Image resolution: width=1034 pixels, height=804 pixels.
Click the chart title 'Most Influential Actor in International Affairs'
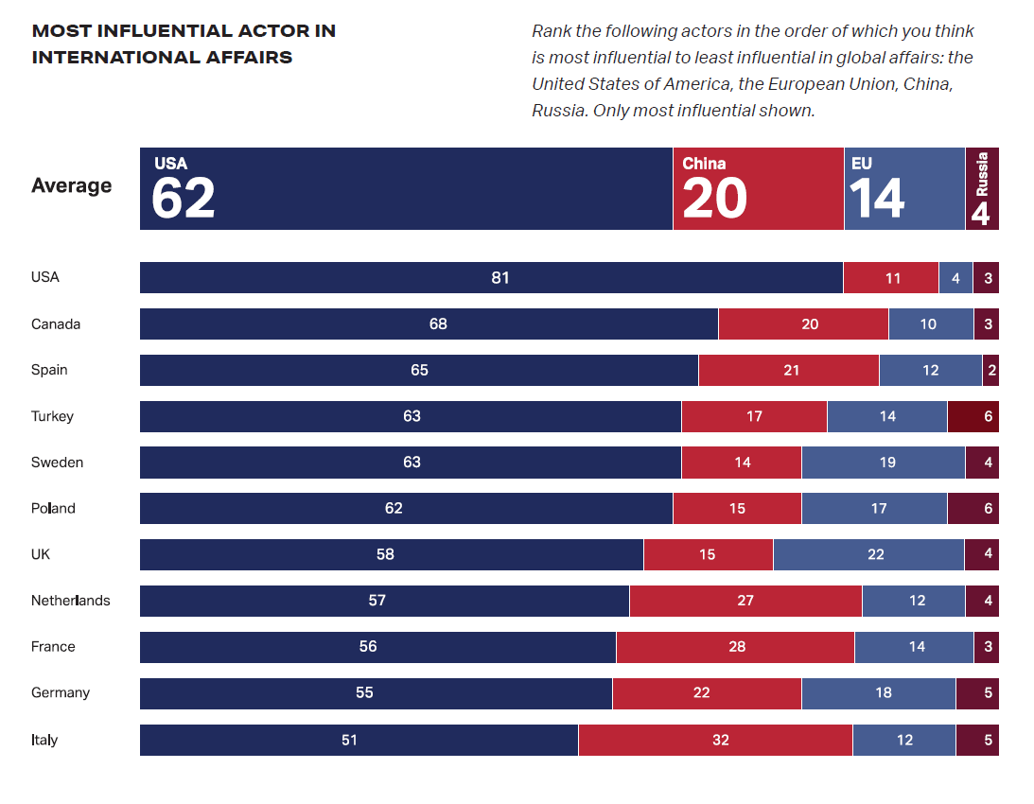tap(184, 44)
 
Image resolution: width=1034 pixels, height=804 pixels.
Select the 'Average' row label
tap(71, 185)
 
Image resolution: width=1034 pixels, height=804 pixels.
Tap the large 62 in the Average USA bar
tap(184, 199)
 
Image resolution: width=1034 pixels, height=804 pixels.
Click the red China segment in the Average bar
tap(758, 188)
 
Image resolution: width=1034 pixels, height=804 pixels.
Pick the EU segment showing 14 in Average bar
tap(903, 188)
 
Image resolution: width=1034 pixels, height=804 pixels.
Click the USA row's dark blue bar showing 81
tap(491, 277)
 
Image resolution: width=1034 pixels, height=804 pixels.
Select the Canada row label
tap(56, 323)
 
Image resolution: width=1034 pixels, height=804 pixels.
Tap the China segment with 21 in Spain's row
tap(789, 370)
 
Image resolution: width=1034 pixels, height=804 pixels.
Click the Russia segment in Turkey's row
tap(973, 416)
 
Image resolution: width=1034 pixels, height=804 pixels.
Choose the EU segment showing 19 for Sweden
tap(884, 463)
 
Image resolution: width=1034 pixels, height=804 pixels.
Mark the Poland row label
tap(53, 508)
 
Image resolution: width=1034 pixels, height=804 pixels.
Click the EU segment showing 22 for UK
tap(868, 554)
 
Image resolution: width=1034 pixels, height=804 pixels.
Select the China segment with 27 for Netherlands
tap(745, 601)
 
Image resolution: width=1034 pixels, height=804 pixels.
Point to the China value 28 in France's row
tap(737, 647)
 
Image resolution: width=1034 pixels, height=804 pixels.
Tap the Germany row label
tap(61, 692)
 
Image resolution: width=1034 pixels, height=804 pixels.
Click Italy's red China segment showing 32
tap(715, 740)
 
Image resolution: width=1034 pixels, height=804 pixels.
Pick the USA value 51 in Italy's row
tap(350, 740)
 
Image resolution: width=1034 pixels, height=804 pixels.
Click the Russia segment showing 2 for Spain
tap(990, 370)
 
